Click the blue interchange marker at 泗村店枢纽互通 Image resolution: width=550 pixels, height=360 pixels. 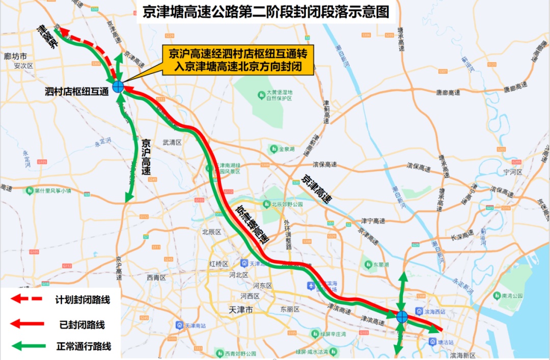(x=118, y=87)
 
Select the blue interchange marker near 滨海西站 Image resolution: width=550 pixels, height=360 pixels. (x=402, y=317)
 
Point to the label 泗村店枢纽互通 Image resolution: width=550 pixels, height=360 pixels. (x=77, y=92)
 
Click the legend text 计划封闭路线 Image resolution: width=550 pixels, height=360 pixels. (x=82, y=299)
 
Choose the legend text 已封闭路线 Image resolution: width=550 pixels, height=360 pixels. (x=82, y=324)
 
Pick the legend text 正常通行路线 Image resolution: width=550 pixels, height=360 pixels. (x=82, y=347)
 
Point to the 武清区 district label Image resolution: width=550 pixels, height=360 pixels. (x=172, y=143)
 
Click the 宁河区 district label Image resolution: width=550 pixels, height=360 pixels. (x=513, y=172)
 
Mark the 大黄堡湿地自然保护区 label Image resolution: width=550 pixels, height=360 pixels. (x=279, y=95)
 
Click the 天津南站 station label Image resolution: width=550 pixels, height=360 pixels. (x=194, y=325)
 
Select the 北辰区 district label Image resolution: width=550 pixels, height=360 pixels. (x=211, y=232)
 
